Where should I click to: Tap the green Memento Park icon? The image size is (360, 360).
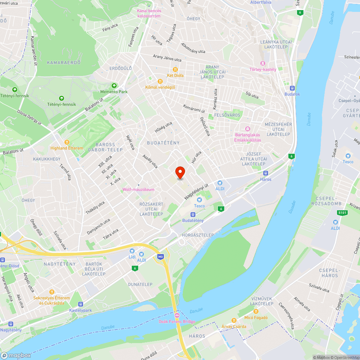114,86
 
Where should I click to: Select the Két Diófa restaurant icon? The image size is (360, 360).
175,69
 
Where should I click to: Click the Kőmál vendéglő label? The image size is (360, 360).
160,87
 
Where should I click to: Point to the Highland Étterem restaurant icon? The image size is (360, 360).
67,142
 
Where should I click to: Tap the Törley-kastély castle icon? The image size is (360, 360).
263,63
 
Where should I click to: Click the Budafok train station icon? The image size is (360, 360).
292,88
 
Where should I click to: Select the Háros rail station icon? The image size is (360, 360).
266,173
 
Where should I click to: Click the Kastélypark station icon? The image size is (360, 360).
81,304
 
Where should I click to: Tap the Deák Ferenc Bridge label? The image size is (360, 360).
177,321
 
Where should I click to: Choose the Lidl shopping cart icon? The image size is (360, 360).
132,251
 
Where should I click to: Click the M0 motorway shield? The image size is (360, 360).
160,257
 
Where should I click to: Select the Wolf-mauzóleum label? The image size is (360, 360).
139,189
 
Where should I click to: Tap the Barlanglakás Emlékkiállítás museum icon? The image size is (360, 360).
247,129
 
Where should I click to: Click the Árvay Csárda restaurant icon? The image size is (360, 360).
234,320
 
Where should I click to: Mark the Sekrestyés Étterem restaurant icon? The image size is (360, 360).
52,292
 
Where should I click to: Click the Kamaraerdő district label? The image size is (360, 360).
63,62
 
